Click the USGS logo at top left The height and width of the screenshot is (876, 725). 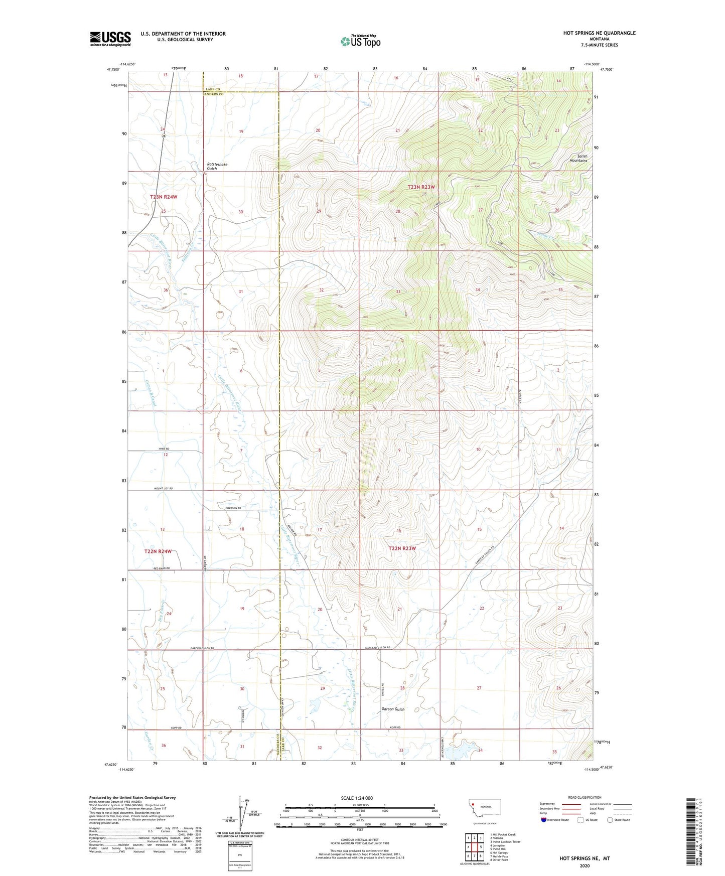click(110, 38)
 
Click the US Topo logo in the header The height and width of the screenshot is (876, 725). click(360, 41)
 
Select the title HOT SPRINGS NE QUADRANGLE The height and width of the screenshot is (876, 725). click(599, 33)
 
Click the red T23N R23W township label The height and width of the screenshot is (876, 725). click(421, 187)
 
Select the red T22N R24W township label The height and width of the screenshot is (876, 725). click(158, 551)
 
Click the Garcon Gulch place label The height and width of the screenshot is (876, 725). click(393, 709)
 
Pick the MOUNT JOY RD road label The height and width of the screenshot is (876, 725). click(164, 488)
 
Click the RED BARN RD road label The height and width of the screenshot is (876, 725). click(162, 568)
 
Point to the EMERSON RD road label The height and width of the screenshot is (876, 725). click(232, 508)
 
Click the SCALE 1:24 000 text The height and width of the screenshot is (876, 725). click(356, 798)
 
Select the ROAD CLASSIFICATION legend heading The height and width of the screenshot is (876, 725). click(585, 797)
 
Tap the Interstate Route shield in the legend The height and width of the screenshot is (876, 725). click(544, 820)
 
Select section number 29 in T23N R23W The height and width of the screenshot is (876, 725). click(319, 211)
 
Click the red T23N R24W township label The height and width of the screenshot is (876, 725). click(164, 197)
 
